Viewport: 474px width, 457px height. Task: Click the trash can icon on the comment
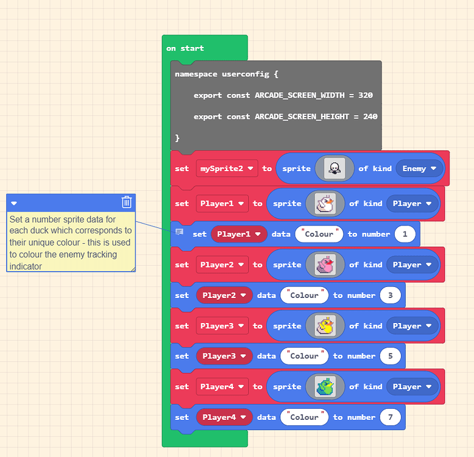127,202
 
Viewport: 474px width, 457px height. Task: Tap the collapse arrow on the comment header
14,204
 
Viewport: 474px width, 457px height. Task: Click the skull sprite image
334,168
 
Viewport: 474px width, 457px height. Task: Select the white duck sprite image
325,204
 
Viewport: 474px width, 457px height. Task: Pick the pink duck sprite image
325,265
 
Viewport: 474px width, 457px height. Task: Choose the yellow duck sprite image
325,326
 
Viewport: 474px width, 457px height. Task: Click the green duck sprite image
325,386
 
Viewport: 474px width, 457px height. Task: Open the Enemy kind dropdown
419,168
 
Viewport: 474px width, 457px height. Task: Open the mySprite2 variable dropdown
227,168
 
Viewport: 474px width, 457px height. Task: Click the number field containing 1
405,234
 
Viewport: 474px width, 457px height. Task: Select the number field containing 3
391,296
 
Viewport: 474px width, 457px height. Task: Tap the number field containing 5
391,356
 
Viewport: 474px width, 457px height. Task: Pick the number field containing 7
391,417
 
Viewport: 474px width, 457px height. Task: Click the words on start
185,48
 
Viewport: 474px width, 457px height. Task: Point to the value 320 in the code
366,95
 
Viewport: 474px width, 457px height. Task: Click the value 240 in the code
370,116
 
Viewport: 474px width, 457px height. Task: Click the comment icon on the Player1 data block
179,232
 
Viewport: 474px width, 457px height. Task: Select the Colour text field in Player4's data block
305,417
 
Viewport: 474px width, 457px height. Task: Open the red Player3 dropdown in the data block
224,356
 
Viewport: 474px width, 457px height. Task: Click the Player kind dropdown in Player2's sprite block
412,265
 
